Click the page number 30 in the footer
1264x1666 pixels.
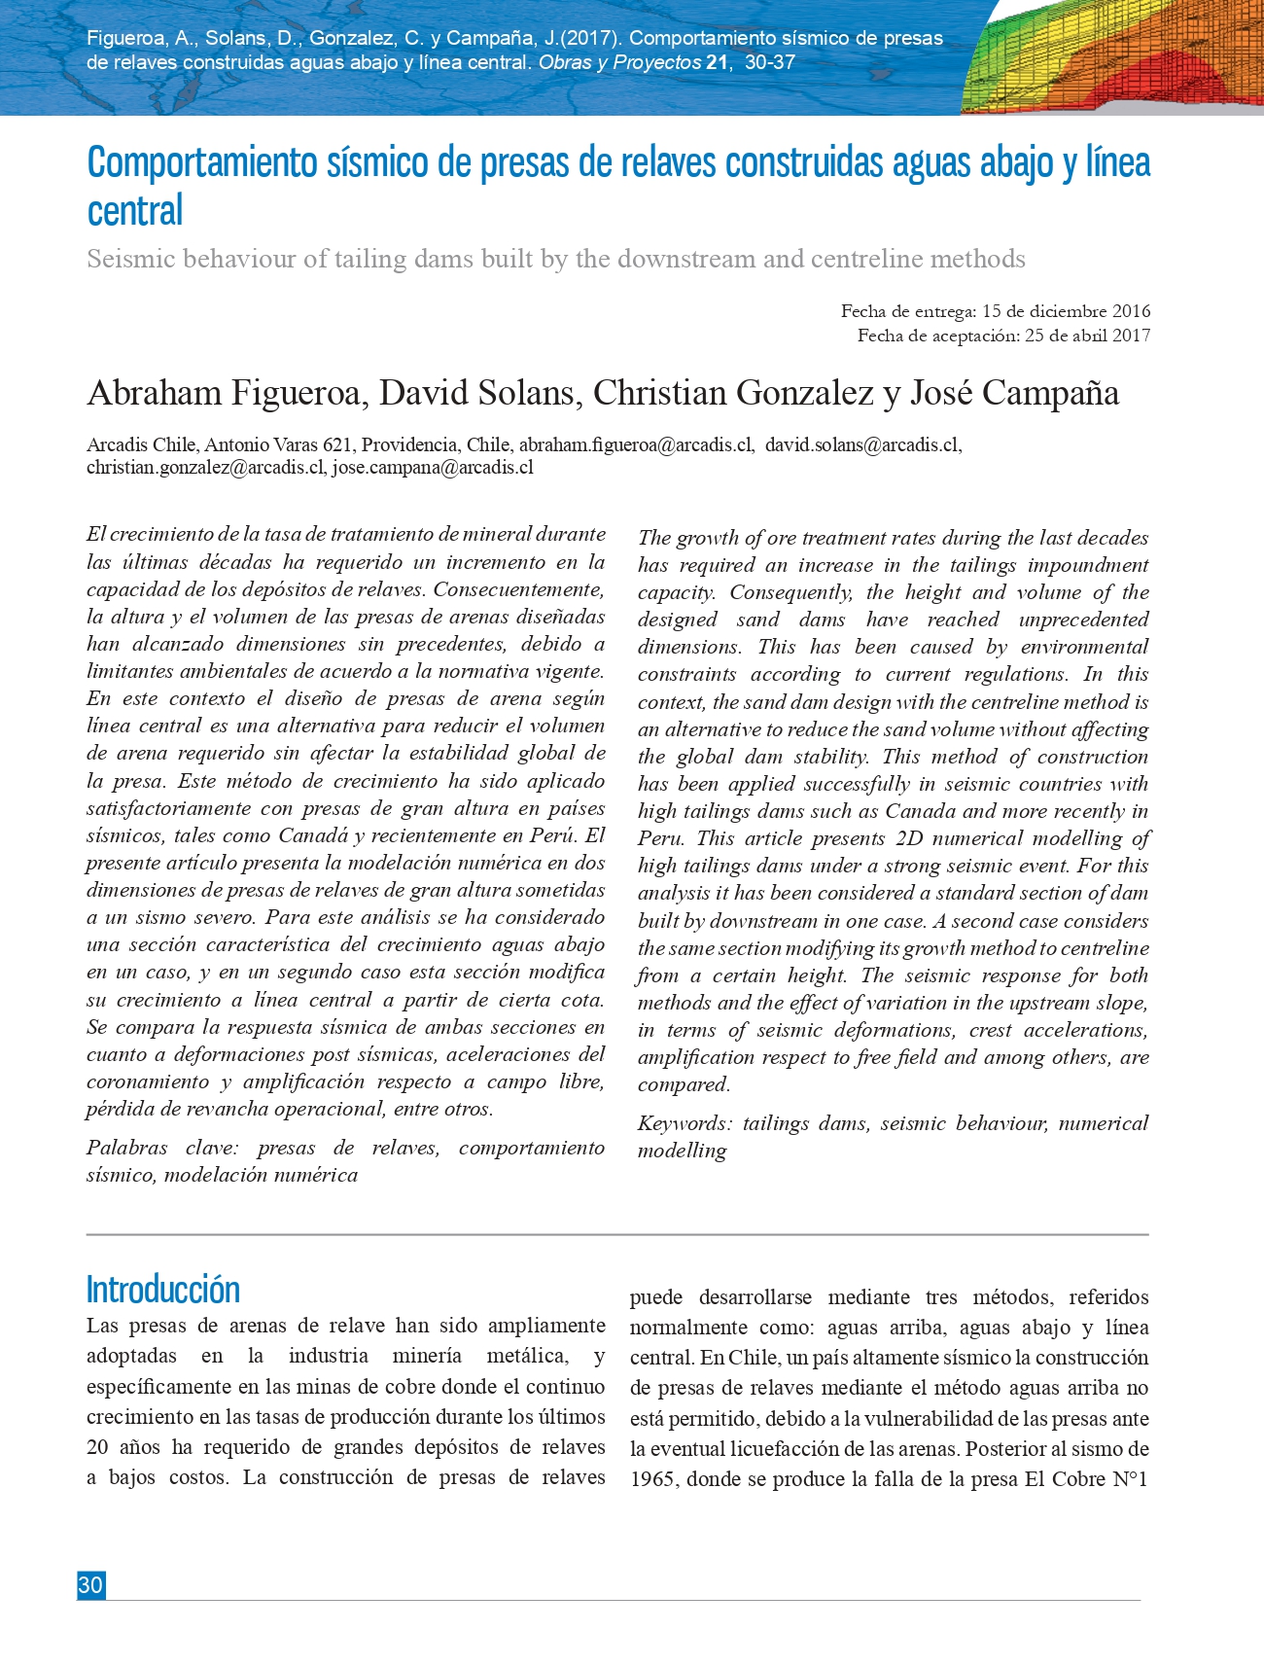(90, 1585)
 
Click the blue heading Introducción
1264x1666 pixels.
(162, 1290)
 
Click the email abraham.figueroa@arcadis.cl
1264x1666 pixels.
(636, 445)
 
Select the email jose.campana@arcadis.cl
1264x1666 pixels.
(433, 468)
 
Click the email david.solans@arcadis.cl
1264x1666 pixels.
(862, 445)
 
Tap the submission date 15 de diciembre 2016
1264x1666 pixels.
(1066, 311)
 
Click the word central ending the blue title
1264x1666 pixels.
(135, 211)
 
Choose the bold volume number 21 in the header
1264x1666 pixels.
(717, 63)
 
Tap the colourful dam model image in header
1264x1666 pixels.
(1118, 58)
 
